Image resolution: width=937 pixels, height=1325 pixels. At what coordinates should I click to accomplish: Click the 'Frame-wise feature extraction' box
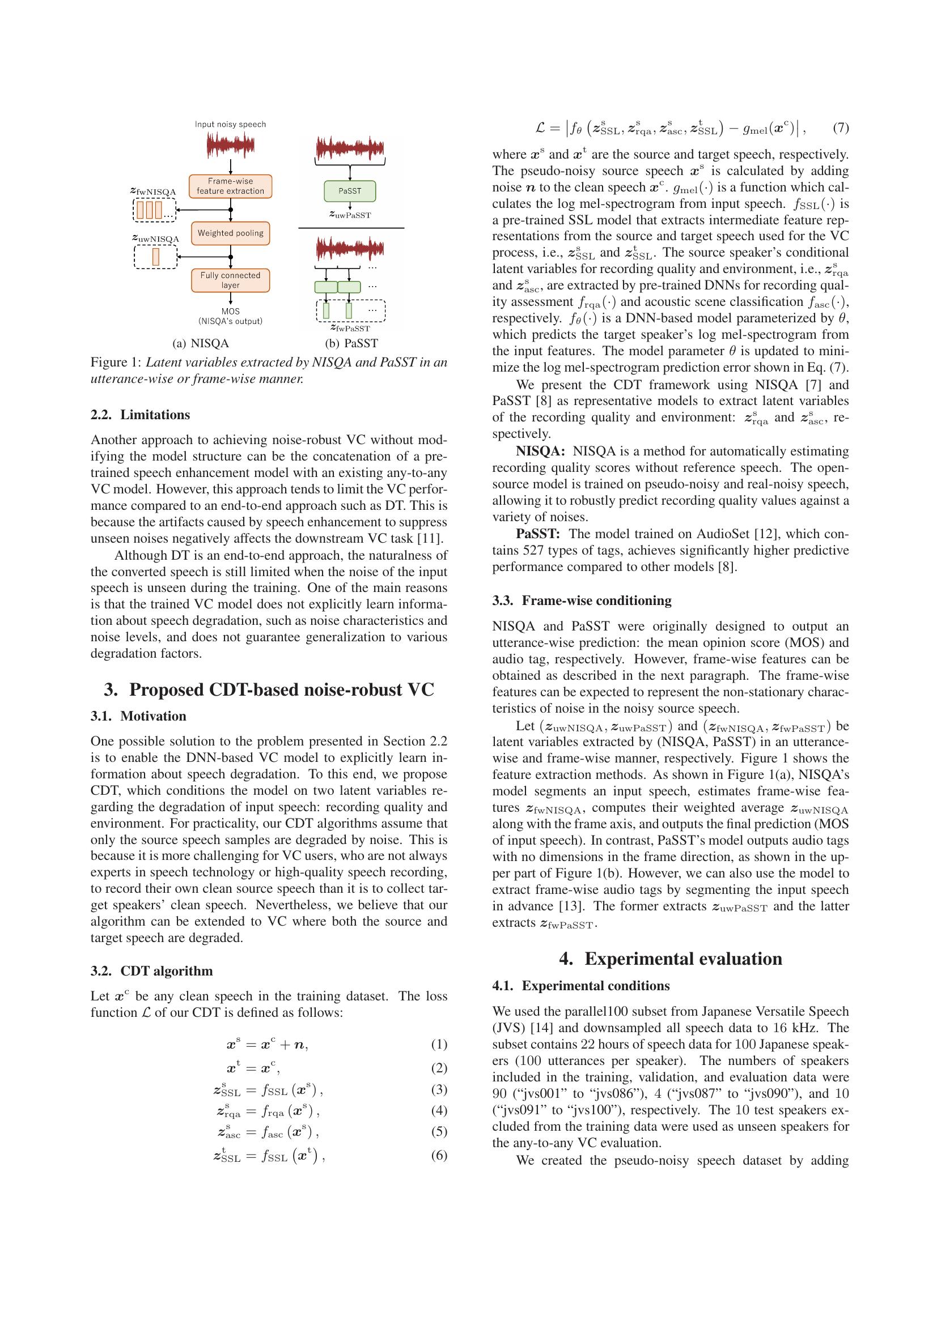(230, 186)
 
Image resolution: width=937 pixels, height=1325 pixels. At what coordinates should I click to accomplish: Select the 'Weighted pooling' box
(230, 233)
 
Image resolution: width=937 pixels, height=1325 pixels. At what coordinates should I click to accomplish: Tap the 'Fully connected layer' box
(230, 280)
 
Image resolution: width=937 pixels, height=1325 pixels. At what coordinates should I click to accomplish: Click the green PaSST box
(350, 191)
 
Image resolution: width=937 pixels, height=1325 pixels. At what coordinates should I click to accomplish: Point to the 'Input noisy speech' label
(230, 124)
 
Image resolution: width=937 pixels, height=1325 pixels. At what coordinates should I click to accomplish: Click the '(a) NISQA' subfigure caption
(201, 343)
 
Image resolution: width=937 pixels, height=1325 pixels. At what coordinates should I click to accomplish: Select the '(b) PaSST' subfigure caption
(351, 343)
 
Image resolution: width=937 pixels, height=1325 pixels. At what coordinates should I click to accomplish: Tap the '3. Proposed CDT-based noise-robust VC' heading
(269, 689)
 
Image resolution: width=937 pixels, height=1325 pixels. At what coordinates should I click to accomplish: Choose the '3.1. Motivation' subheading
(138, 715)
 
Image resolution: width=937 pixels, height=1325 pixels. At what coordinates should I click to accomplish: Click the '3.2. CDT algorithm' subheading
(152, 971)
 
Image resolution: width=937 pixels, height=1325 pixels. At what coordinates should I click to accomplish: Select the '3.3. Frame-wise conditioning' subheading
(582, 600)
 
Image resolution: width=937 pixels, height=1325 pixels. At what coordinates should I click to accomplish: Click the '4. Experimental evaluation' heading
(671, 958)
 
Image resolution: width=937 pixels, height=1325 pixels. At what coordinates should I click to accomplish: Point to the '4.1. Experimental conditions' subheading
(582, 986)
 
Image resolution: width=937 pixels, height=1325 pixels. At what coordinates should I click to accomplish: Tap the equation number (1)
(439, 1044)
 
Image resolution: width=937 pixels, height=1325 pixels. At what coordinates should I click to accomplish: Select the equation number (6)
(439, 1154)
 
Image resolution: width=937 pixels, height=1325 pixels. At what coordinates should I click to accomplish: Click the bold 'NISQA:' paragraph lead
(540, 451)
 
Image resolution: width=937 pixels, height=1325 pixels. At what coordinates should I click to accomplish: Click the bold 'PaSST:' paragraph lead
(538, 533)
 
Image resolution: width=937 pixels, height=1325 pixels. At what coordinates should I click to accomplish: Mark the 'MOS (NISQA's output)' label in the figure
(230, 316)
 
